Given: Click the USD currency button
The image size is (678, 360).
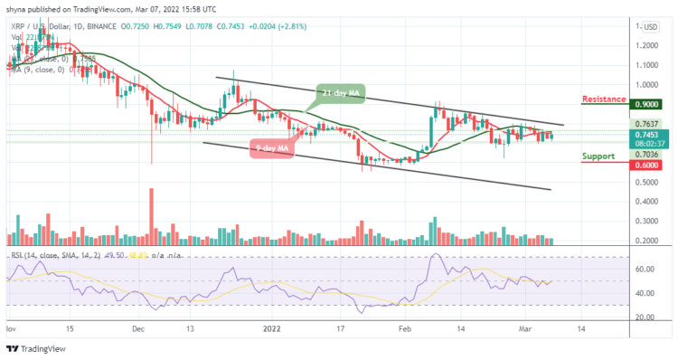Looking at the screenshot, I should pos(649,27).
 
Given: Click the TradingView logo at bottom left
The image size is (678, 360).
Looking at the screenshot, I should pos(36,348).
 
